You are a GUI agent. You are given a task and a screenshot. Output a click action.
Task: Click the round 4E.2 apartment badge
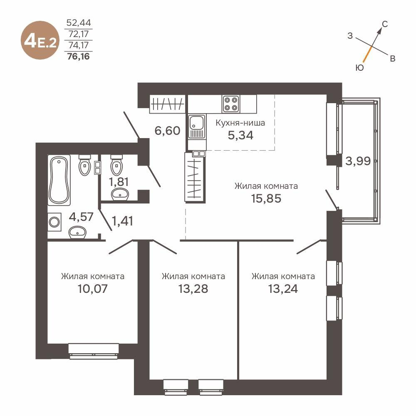coord(40,41)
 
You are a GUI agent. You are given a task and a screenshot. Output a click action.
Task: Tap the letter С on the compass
coord(385,25)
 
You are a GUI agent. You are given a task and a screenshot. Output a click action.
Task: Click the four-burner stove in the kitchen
coord(230,104)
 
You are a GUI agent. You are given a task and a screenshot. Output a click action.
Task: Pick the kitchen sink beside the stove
coord(196,124)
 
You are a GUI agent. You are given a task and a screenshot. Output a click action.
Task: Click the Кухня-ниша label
coord(240,123)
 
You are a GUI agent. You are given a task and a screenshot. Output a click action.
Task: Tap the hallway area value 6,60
coord(167,131)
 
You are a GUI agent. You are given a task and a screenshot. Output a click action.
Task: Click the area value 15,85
coord(266,198)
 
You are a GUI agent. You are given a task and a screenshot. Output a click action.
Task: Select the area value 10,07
coord(92,289)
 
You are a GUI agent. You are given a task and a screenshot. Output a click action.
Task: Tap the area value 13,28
coord(193,289)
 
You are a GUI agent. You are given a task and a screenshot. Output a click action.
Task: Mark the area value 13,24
coord(283,289)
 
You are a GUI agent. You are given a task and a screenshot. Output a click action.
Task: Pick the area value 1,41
coord(123,221)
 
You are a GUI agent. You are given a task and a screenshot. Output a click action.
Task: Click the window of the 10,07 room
coord(94,351)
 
